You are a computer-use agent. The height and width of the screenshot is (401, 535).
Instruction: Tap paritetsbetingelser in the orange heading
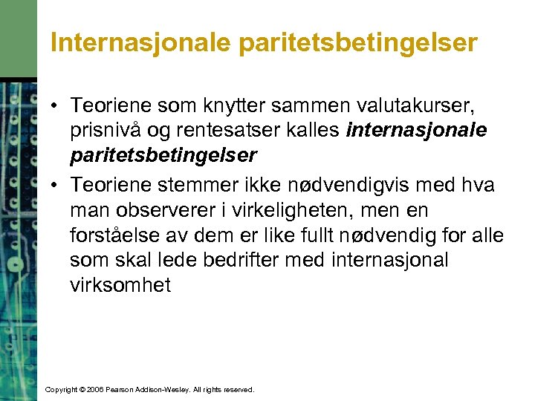click(x=358, y=44)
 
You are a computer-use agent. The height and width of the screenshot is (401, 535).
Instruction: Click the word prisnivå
click(x=106, y=131)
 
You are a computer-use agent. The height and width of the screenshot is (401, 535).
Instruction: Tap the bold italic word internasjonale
click(x=417, y=131)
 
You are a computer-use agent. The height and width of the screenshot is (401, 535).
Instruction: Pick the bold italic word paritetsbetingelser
click(x=163, y=156)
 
